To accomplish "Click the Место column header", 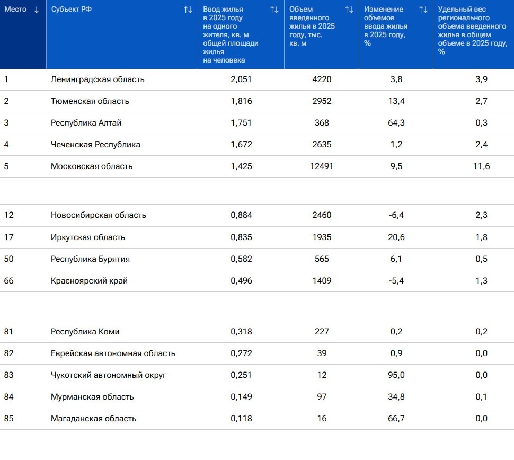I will tap(15, 10).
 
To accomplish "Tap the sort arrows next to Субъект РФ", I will tap(188, 10).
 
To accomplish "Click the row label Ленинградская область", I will tap(98, 79).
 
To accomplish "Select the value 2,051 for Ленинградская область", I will tap(241, 79).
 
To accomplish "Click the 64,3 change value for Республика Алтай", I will tap(396, 123).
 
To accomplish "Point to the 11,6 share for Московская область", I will tap(481, 166).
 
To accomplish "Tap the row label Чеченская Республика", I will tap(95, 145).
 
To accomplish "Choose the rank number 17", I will tap(8, 237).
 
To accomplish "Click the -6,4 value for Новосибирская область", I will tap(396, 215).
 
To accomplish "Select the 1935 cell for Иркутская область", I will tap(322, 237).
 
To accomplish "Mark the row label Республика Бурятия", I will tap(90, 259).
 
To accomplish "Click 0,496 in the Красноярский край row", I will tap(241, 281).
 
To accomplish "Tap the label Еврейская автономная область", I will tap(113, 353).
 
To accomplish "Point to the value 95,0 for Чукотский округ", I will tap(396, 375).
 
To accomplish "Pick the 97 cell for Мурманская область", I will tap(322, 397).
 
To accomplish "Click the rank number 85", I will tap(8, 419).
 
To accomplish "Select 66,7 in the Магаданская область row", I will tap(396, 419).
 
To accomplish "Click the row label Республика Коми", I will tap(85, 332).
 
